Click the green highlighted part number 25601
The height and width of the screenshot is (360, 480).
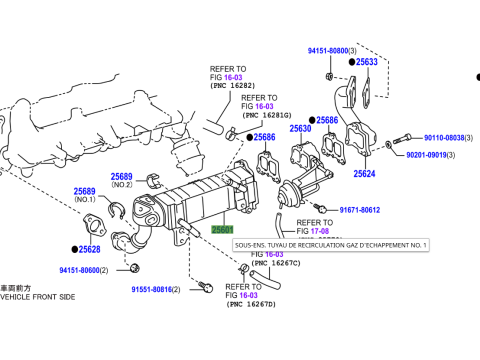click(x=223, y=229)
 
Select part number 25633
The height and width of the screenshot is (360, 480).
click(x=367, y=62)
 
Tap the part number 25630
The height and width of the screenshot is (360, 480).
click(x=301, y=129)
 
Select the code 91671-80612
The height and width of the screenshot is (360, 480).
click(x=360, y=210)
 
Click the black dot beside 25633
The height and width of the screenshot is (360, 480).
click(x=351, y=62)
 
